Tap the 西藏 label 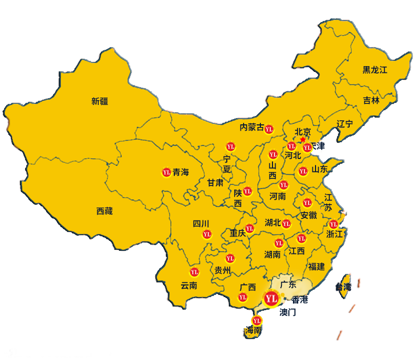coord(104,211)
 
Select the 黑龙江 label coord(374,70)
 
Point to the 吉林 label coord(371,100)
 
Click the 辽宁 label coord(345,124)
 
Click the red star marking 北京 coord(302,140)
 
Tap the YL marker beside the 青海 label coord(166,172)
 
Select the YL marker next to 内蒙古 coord(269,129)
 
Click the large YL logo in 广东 coord(271,299)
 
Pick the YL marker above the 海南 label coord(257,320)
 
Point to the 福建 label coord(317,267)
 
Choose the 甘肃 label coord(215,183)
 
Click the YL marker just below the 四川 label coord(207,234)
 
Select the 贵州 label coord(223,271)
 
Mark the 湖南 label coord(272,255)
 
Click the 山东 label coord(320,169)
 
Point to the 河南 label coord(278,196)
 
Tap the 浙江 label coord(334,234)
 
